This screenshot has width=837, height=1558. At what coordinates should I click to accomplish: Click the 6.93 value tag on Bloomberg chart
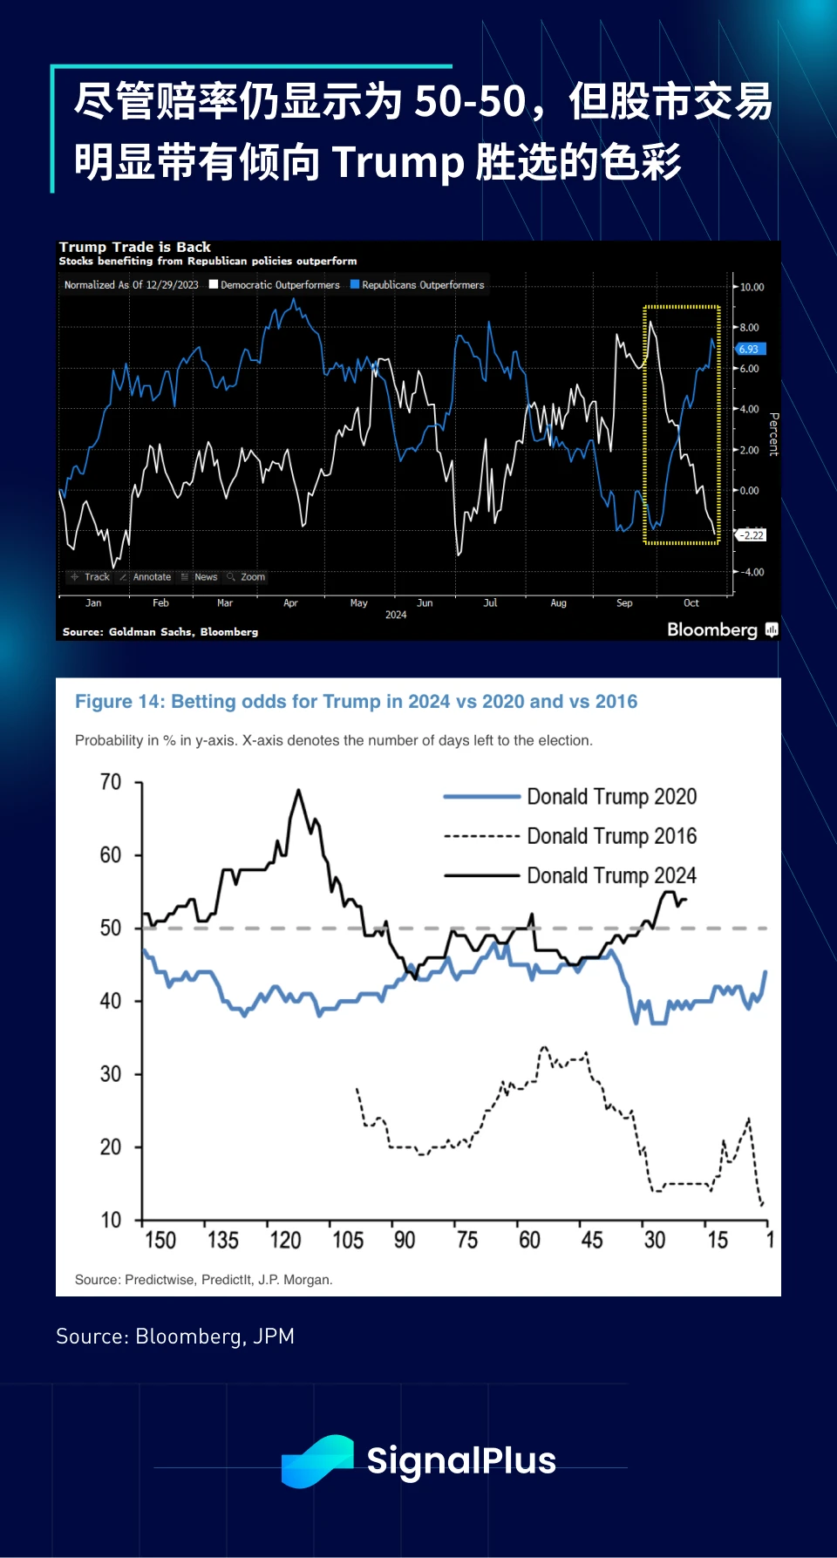[750, 349]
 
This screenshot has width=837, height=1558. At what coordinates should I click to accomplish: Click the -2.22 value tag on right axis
[752, 535]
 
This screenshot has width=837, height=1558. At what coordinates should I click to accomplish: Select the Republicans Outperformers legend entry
[418, 285]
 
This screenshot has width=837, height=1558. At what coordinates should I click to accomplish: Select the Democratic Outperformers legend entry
[276, 285]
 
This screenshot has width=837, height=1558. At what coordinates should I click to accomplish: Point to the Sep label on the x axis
[624, 603]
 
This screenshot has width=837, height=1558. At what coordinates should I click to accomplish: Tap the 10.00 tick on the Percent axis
[752, 287]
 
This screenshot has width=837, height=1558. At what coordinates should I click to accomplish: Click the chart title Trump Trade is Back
[135, 248]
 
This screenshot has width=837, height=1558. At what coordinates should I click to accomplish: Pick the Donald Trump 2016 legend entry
[610, 836]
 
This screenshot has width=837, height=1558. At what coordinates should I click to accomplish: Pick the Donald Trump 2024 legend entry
[610, 875]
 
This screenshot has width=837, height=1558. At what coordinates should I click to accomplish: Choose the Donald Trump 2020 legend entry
[610, 797]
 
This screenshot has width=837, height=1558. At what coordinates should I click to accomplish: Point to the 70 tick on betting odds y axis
[111, 782]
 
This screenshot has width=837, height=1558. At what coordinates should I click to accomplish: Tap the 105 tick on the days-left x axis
[347, 1240]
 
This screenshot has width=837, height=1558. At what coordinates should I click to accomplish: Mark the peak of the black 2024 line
[298, 791]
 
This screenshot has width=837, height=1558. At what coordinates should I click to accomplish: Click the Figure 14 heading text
[356, 702]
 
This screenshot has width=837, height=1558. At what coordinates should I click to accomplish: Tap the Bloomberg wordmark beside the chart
[712, 629]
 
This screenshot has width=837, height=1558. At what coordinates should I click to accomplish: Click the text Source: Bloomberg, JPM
[175, 1337]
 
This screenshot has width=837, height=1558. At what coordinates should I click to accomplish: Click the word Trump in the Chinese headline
[398, 163]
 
